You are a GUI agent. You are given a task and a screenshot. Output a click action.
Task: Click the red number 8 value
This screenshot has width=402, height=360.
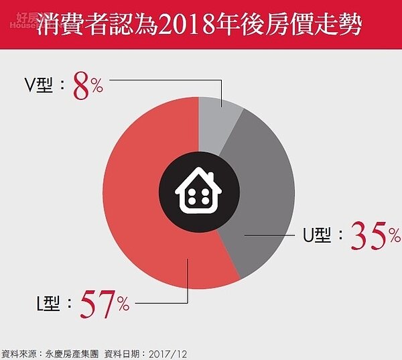(81, 88)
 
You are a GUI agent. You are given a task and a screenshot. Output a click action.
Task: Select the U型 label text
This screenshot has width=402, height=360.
(319, 236)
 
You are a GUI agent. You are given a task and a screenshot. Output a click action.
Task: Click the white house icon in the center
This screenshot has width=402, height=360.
(200, 192)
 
